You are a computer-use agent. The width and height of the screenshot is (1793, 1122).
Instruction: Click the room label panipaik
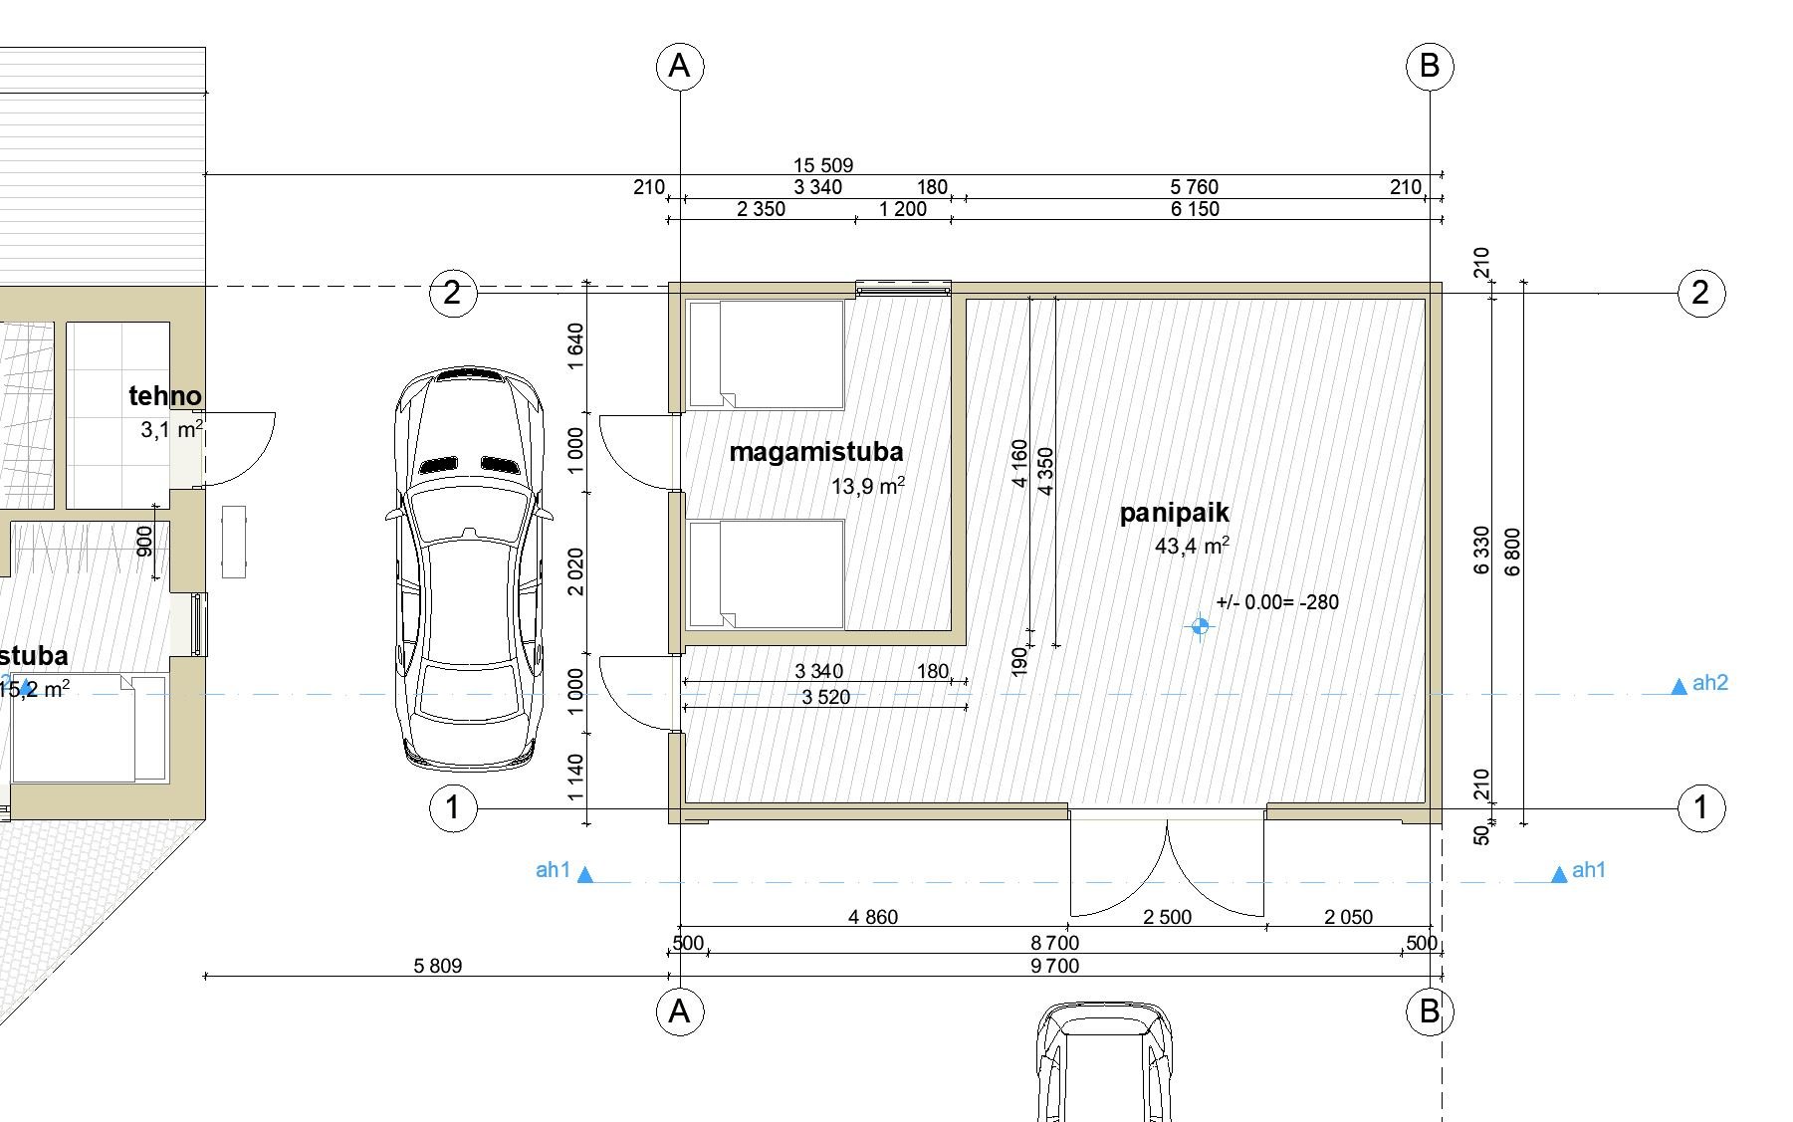(1174, 514)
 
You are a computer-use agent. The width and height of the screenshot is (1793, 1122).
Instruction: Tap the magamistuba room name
(816, 452)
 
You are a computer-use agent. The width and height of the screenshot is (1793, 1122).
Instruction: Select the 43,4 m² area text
(1192, 546)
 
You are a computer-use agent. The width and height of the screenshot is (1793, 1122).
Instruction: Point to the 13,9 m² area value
(868, 486)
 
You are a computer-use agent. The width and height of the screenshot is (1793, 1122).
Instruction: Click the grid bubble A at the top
(680, 66)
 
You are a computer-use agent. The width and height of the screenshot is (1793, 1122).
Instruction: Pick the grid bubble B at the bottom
(1430, 1011)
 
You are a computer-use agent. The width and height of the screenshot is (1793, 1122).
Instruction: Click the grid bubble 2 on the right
(1700, 293)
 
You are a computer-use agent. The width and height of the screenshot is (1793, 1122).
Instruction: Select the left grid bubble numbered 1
(453, 806)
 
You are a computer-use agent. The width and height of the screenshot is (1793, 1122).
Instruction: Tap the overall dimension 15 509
(823, 165)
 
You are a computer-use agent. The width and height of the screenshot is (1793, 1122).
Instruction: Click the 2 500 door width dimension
(1167, 917)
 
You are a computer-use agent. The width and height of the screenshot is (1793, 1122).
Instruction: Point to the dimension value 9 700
(1055, 966)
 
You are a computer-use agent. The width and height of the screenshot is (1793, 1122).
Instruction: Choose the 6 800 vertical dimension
(1513, 551)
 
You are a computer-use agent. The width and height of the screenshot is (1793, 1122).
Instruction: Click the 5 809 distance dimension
(438, 966)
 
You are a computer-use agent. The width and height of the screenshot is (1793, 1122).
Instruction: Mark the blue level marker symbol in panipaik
(1200, 626)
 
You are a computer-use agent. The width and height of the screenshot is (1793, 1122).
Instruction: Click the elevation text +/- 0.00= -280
(1277, 602)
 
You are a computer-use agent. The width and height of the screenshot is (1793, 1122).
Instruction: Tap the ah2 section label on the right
(1709, 683)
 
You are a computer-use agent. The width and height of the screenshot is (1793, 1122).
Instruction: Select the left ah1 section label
(553, 870)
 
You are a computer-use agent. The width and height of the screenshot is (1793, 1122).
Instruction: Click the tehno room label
(165, 396)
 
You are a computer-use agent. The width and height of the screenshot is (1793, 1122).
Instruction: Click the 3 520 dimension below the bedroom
(826, 697)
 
